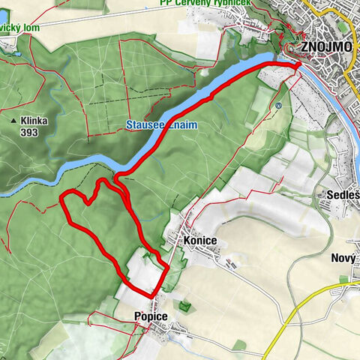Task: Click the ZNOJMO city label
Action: coord(328,46)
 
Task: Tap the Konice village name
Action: coord(199,240)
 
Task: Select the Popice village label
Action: coord(151,316)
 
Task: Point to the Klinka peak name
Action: coord(37,120)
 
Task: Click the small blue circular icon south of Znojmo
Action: coord(277,106)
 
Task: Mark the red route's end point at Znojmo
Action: coord(298,66)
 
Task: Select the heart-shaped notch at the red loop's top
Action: coord(90,202)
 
